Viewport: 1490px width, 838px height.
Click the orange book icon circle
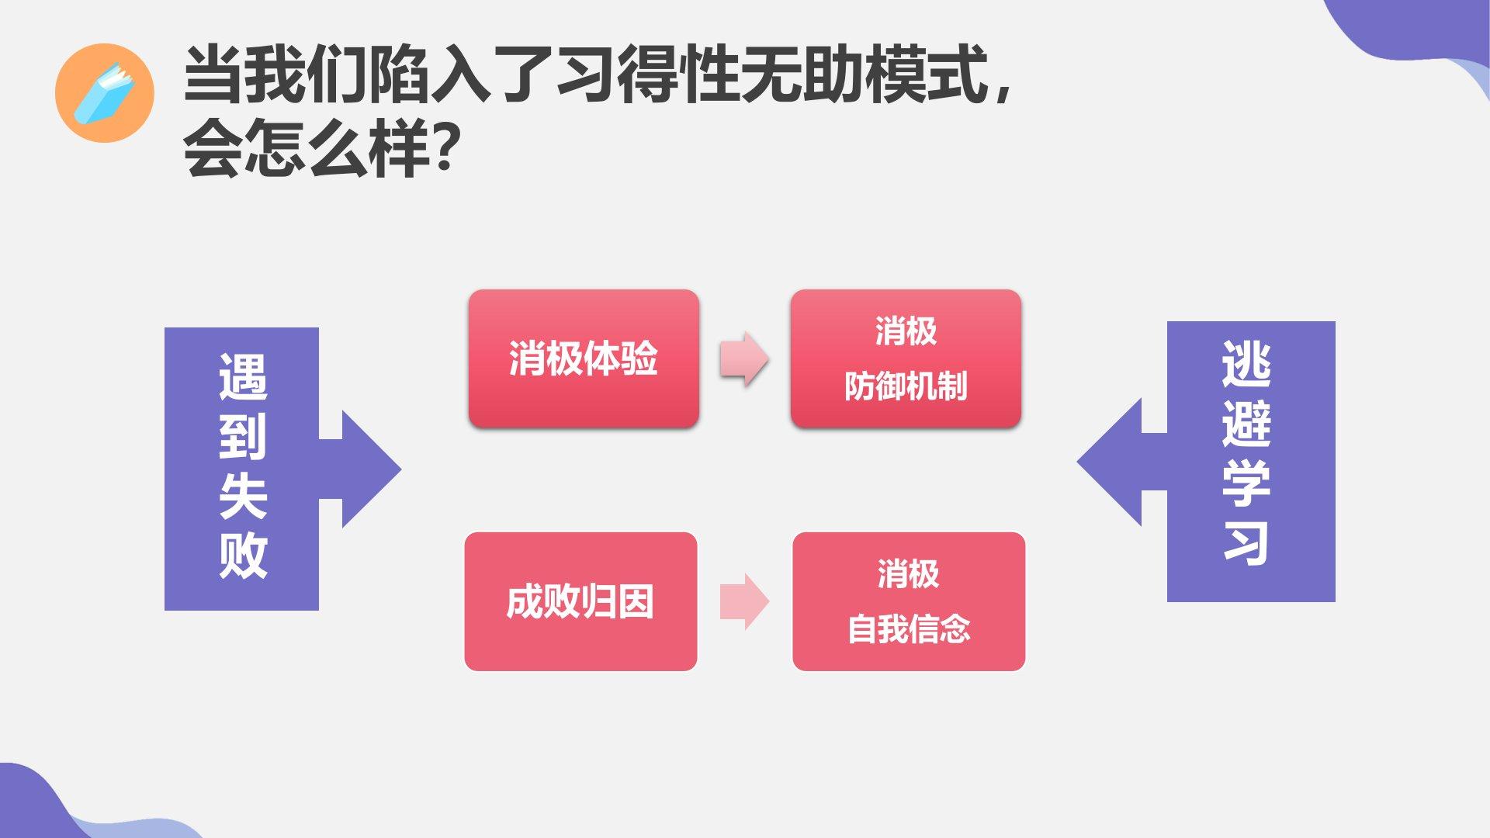(105, 93)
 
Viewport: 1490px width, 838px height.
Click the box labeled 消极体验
(584, 358)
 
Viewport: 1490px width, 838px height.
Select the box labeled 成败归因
(580, 601)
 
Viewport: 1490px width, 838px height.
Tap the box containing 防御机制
(906, 358)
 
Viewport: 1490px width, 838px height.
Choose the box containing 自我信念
(909, 601)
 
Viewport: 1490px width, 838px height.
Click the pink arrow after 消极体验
(744, 358)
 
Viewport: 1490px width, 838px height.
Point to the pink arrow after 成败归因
(744, 601)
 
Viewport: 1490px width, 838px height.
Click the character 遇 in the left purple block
(243, 377)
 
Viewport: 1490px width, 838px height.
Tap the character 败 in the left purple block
(243, 556)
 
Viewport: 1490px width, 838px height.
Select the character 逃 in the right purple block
(1246, 364)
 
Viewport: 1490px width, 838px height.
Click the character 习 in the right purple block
(1246, 542)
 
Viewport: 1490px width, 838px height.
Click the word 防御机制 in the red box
(906, 386)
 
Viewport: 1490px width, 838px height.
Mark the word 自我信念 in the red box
(909, 629)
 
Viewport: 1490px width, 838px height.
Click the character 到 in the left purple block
(243, 436)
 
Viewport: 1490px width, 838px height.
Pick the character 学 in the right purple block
(1246, 483)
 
